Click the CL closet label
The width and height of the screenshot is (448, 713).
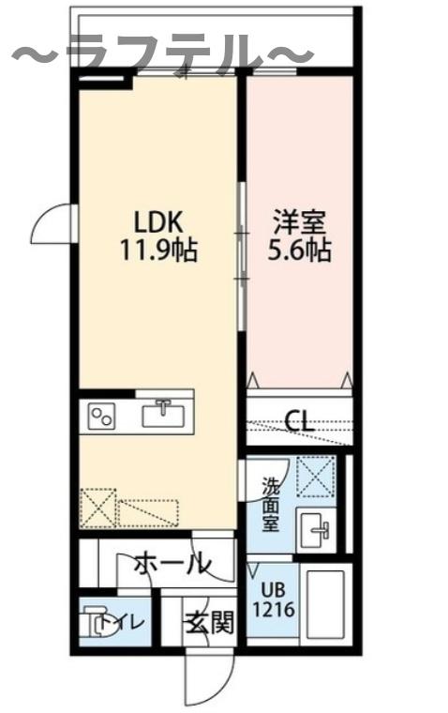click(x=299, y=420)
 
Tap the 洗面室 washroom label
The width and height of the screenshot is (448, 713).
click(x=270, y=506)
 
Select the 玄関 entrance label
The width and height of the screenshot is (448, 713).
click(x=208, y=622)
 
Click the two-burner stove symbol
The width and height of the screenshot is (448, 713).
click(x=101, y=415)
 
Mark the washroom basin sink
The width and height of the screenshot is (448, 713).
click(x=315, y=531)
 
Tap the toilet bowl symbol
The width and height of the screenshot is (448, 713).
click(x=97, y=622)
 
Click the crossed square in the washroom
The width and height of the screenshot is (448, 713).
click(x=316, y=476)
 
